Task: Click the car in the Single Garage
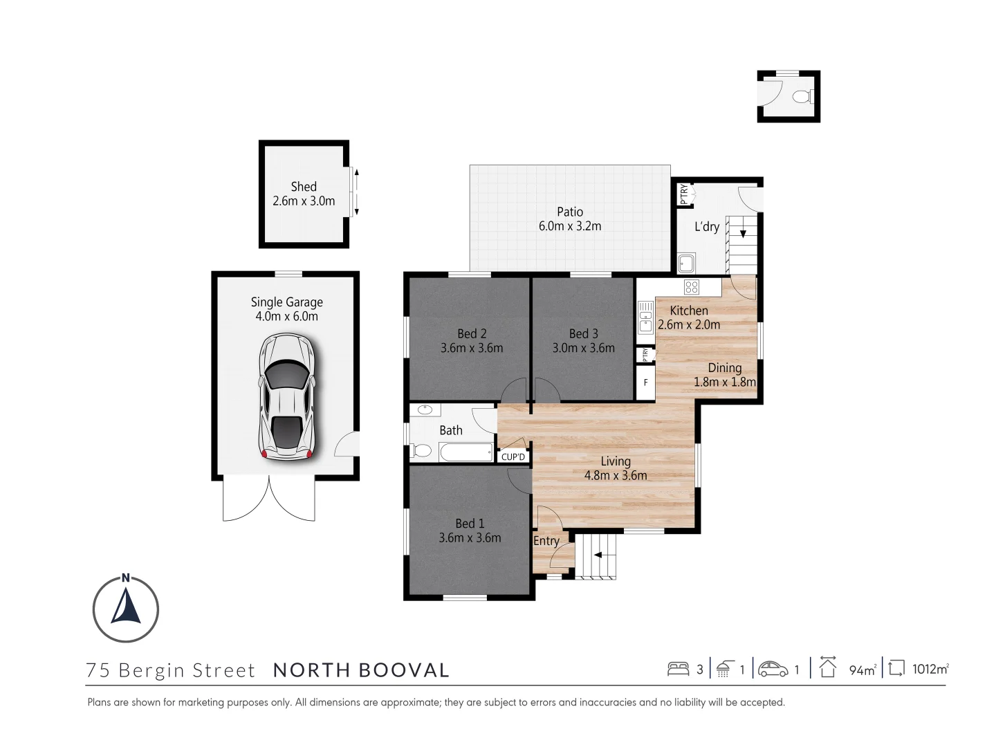(x=286, y=398)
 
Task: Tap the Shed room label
(x=304, y=187)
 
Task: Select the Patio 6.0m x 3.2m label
(x=570, y=219)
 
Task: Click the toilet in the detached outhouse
(x=802, y=96)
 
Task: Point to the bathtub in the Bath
(x=466, y=452)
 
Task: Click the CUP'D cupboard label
(x=513, y=456)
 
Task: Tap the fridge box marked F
(x=645, y=382)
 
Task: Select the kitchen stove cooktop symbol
(x=691, y=286)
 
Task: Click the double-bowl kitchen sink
(x=645, y=317)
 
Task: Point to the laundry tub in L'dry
(x=686, y=263)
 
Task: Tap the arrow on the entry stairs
(x=597, y=555)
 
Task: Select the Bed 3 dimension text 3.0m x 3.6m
(x=583, y=348)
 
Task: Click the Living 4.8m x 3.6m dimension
(x=616, y=476)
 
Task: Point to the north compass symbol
(x=126, y=609)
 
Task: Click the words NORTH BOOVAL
(x=361, y=670)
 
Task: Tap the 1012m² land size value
(x=930, y=669)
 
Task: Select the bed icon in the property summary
(x=678, y=669)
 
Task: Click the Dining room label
(x=724, y=368)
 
